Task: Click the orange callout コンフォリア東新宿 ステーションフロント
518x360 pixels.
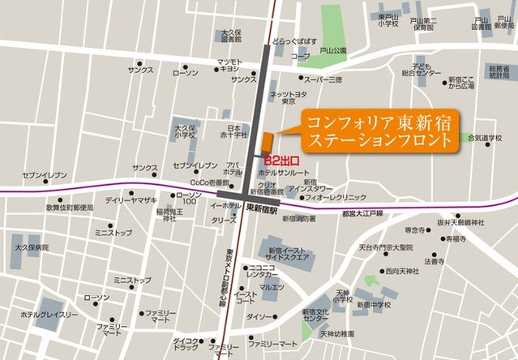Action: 379,131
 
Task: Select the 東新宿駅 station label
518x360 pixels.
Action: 262,208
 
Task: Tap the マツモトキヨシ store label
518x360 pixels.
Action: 229,66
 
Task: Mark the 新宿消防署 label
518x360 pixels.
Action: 299,219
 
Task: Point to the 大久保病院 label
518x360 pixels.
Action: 31,246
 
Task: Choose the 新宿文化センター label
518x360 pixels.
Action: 315,314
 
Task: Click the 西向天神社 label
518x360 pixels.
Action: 404,271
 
